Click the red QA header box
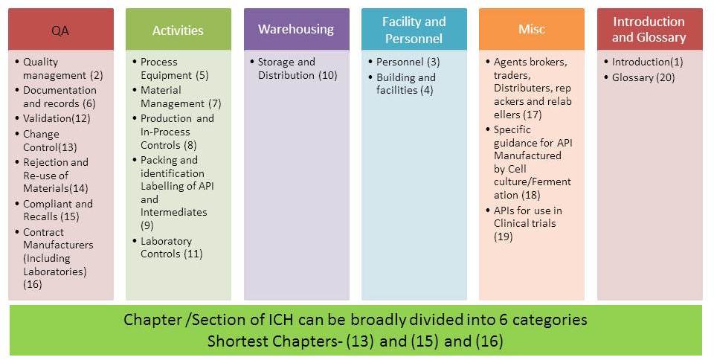click(61, 30)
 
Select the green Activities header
click(178, 30)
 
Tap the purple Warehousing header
click(296, 29)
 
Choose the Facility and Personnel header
click(414, 30)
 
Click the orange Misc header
click(531, 29)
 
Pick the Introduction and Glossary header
click(649, 30)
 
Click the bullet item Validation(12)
click(56, 118)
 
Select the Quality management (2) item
click(62, 68)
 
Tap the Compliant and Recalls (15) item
click(58, 210)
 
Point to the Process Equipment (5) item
click(175, 68)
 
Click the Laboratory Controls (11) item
click(171, 248)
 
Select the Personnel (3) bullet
click(408, 62)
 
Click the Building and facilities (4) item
click(406, 83)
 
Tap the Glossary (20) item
click(643, 77)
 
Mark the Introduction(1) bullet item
click(646, 62)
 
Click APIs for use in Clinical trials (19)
click(528, 223)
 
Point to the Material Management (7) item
click(181, 97)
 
